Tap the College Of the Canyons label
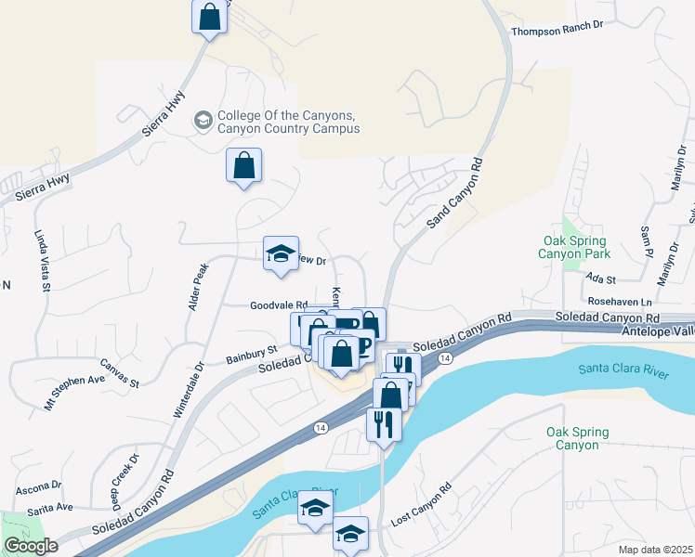(x=288, y=123)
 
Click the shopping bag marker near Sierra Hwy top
(x=210, y=18)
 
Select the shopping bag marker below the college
(x=243, y=167)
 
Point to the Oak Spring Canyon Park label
(x=576, y=246)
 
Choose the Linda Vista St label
(x=43, y=262)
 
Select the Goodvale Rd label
(x=279, y=304)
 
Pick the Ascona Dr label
(x=37, y=486)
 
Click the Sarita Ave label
(x=50, y=508)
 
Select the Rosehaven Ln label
(x=620, y=303)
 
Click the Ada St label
(x=603, y=277)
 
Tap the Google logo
(x=31, y=546)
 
